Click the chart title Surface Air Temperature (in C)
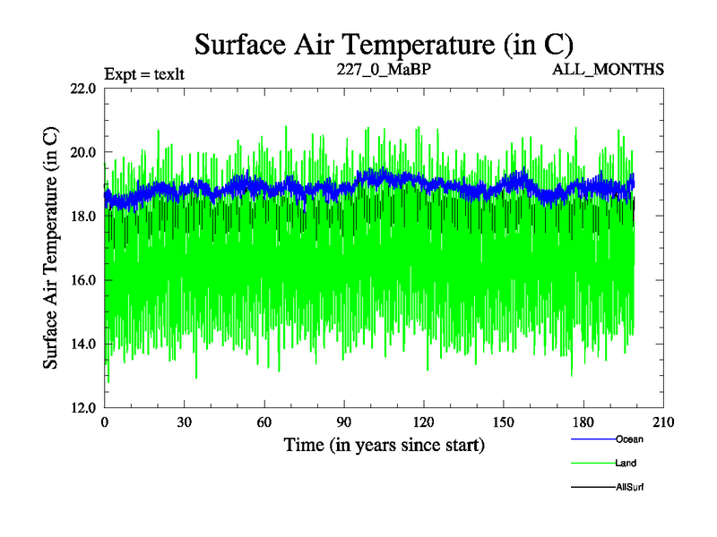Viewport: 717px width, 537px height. pos(384,43)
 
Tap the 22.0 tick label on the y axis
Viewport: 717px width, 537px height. pos(83,89)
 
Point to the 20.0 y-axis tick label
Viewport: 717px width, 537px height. pos(83,152)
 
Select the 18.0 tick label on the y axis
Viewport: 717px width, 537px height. pos(83,216)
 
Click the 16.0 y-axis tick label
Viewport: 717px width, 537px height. pos(83,280)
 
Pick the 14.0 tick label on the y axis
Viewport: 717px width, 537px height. pos(83,344)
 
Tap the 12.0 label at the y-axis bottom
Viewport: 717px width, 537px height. pos(83,407)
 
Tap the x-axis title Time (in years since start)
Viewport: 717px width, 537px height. pos(384,444)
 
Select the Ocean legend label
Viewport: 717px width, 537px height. pos(629,439)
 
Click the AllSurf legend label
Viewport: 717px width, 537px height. pos(630,487)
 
